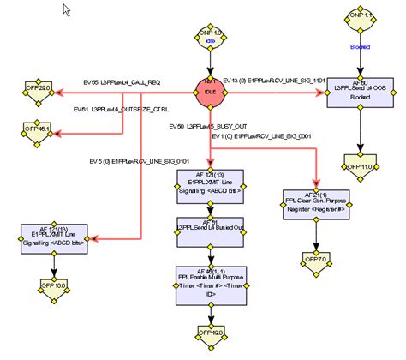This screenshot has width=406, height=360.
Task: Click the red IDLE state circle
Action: (208, 88)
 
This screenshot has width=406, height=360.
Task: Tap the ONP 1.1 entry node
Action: (359, 16)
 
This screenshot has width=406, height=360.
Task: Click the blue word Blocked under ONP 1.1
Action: (359, 48)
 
